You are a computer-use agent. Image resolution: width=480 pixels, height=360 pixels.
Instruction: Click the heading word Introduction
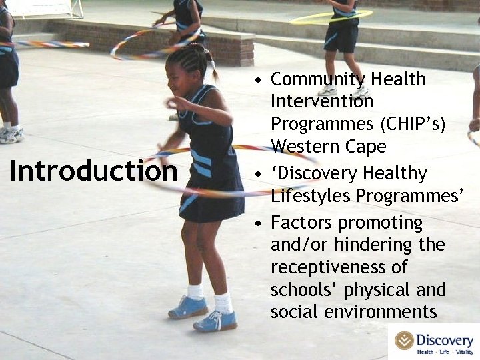click(93, 171)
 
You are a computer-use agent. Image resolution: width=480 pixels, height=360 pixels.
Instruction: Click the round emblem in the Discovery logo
click(404, 340)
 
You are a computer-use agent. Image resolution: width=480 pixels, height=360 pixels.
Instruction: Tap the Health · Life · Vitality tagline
click(445, 351)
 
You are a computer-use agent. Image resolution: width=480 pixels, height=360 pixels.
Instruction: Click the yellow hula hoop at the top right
click(330, 16)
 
